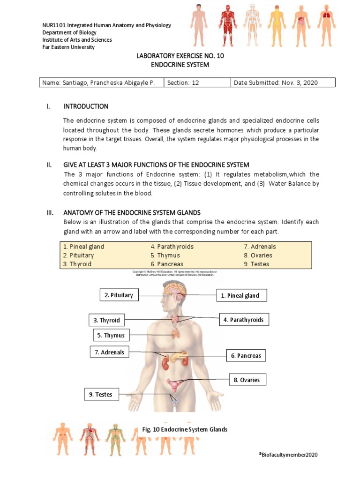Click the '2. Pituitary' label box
pyautogui.click(x=119, y=295)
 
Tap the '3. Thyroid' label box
pyautogui.click(x=106, y=321)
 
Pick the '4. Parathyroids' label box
pyautogui.click(x=244, y=320)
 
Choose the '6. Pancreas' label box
pyautogui.click(x=246, y=356)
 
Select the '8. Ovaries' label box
pyautogui.click(x=247, y=380)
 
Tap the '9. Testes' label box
pyautogui.click(x=101, y=395)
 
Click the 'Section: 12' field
pyautogui.click(x=197, y=83)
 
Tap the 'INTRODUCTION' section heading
pyautogui.click(x=86, y=106)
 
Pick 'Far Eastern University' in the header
pyautogui.click(x=68, y=47)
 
